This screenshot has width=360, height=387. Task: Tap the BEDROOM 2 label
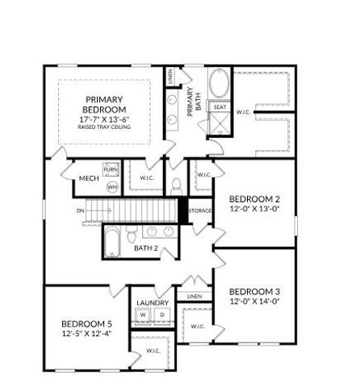pyautogui.click(x=254, y=199)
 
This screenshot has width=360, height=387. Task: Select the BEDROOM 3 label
pyautogui.click(x=254, y=291)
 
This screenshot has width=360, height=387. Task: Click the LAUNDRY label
pyautogui.click(x=153, y=302)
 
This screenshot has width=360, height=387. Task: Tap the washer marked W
pyautogui.click(x=144, y=315)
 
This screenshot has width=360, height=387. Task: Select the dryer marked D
pyautogui.click(x=161, y=315)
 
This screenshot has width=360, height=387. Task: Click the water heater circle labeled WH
pyautogui.click(x=112, y=186)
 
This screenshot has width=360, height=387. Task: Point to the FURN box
pyautogui.click(x=111, y=171)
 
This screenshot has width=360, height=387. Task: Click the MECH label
pyautogui.click(x=89, y=179)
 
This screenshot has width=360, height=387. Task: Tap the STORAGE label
pyautogui.click(x=200, y=211)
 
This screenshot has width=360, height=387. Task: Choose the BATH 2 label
pyautogui.click(x=146, y=248)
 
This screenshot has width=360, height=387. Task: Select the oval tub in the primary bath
pyautogui.click(x=220, y=84)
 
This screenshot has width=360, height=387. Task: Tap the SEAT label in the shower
pyautogui.click(x=220, y=106)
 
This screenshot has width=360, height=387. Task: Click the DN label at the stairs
pyautogui.click(x=80, y=211)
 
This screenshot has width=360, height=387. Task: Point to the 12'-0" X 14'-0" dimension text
pyautogui.click(x=254, y=302)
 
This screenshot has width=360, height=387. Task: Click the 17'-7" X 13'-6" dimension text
pyautogui.click(x=105, y=119)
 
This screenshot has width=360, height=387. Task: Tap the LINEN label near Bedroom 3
pyautogui.click(x=194, y=297)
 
